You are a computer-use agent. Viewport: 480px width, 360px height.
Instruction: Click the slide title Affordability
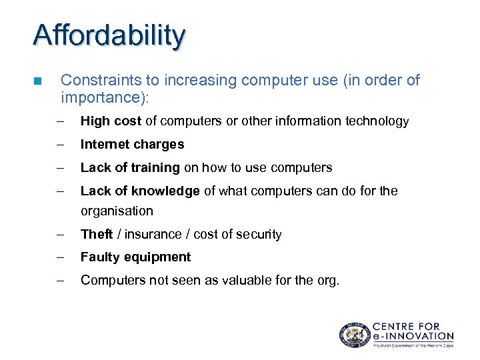click(109, 35)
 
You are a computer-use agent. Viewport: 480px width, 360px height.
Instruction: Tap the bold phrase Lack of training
click(130, 167)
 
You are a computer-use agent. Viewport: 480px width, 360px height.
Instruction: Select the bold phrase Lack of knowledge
click(140, 191)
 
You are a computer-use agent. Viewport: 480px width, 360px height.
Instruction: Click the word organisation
click(117, 211)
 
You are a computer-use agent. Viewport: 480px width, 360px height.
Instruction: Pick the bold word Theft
click(97, 234)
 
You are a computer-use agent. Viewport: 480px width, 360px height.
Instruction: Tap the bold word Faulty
click(99, 257)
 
